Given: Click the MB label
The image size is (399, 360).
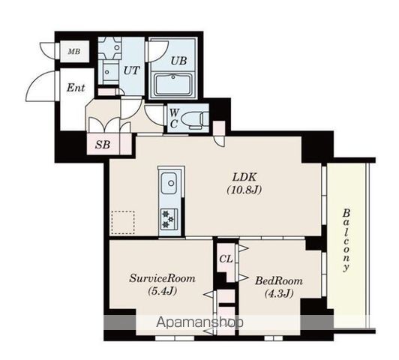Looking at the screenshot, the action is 74,52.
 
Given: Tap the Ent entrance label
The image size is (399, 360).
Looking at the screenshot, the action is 76,88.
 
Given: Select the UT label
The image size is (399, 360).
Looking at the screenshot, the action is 131,70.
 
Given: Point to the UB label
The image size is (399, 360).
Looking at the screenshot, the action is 178,61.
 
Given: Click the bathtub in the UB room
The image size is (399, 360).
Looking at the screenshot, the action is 173,85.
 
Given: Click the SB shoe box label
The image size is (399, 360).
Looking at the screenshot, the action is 103,145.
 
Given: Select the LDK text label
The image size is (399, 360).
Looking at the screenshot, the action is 244,177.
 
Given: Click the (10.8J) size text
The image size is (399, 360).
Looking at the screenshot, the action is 244,190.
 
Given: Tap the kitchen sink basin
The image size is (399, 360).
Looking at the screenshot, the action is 169,184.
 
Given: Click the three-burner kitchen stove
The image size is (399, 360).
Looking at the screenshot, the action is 169,218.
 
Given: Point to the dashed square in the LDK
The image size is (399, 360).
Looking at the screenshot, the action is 123,222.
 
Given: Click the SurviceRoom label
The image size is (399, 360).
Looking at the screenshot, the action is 162,278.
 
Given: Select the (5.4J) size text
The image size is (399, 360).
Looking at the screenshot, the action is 162,291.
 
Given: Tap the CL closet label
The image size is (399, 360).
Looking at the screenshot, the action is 226,259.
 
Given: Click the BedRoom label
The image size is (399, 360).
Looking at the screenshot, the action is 279,281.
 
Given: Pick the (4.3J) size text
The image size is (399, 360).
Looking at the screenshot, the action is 279,293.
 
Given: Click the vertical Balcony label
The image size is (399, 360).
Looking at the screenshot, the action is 346,241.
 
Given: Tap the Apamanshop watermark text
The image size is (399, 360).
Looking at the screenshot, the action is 199,322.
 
